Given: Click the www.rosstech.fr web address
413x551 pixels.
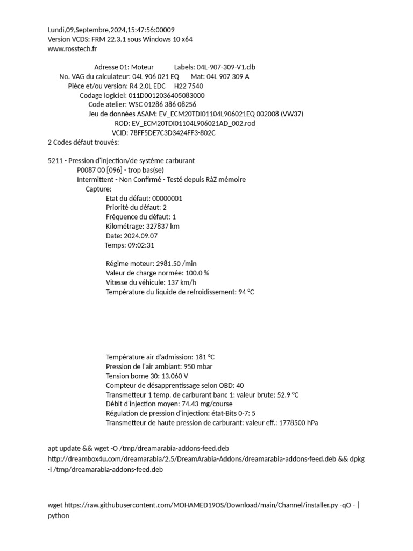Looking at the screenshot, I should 73,49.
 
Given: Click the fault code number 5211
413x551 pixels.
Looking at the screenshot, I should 55,161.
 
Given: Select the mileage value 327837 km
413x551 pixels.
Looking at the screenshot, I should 163,227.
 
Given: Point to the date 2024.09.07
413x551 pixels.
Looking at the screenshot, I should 139,236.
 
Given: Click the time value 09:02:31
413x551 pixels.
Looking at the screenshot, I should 141,245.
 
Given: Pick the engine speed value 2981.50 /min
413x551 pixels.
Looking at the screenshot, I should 176,264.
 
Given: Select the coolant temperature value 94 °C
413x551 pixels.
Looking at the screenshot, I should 246,292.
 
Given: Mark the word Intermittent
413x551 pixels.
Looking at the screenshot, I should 95,180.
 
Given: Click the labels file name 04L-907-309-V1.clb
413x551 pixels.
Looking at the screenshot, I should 226,67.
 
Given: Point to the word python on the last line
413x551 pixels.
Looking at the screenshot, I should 59,515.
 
